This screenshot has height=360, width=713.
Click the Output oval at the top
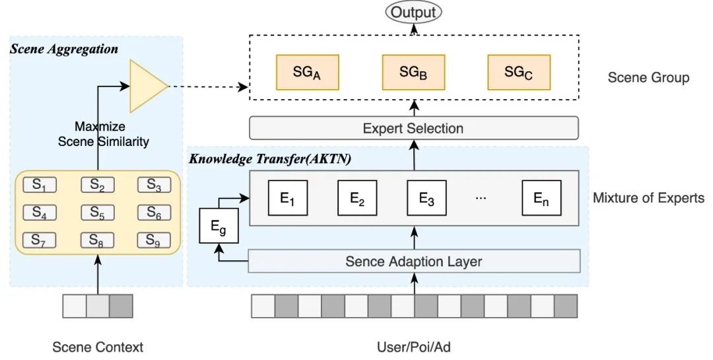(x=413, y=12)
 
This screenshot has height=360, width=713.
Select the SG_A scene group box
(x=306, y=73)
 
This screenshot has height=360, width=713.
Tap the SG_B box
(x=413, y=73)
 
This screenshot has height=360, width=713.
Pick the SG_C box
(x=518, y=73)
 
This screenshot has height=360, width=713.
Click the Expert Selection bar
(x=413, y=128)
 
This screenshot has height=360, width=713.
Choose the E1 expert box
(x=287, y=198)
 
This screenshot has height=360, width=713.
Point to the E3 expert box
(x=426, y=198)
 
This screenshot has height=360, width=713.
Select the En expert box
(x=541, y=198)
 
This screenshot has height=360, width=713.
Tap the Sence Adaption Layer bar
(x=413, y=262)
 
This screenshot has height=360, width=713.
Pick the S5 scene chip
(x=98, y=213)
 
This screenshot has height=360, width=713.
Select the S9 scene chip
(x=153, y=240)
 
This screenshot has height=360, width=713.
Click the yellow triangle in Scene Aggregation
(x=147, y=86)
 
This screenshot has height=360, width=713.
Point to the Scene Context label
(x=98, y=347)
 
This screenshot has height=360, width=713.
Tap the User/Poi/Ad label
(x=414, y=347)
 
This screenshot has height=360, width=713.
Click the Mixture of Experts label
(x=648, y=198)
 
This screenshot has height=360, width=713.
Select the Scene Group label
(x=648, y=78)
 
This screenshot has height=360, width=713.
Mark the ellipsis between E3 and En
(x=481, y=198)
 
